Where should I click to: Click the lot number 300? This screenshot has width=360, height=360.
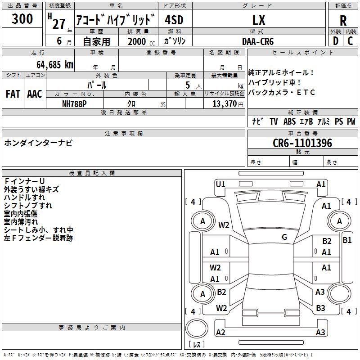click(x=22, y=19)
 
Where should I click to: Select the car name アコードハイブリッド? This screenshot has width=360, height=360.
click(x=116, y=21)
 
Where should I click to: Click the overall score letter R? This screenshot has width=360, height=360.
click(x=343, y=21)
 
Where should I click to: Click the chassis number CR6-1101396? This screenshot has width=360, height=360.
click(x=302, y=143)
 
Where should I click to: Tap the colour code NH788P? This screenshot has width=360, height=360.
click(x=74, y=103)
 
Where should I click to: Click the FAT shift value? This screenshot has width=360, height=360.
click(x=13, y=94)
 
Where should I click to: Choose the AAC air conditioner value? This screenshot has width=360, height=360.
click(x=35, y=94)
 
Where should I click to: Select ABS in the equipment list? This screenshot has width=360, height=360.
click(x=289, y=121)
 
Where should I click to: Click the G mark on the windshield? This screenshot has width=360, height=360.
click(x=284, y=237)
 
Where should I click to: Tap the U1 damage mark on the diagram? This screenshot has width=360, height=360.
click(x=220, y=184)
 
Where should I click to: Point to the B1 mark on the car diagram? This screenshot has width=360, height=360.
click(x=347, y=240)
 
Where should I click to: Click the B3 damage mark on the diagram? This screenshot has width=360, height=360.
click(x=320, y=308)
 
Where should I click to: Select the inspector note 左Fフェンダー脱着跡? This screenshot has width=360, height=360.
click(x=38, y=238)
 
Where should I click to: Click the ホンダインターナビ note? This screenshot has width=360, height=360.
click(x=38, y=143)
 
